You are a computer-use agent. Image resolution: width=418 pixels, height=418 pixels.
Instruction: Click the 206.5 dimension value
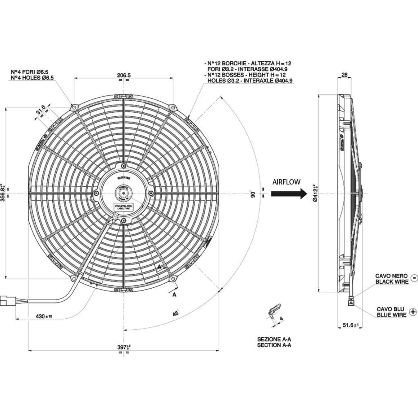(x=124, y=75)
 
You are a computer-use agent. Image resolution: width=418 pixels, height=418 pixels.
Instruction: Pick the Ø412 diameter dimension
(x=315, y=193)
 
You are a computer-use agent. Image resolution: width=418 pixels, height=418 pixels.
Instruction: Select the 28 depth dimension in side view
(x=344, y=75)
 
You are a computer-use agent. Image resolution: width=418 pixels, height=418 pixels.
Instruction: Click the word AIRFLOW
(x=286, y=182)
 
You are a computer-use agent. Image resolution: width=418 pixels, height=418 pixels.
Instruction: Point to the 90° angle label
(x=253, y=194)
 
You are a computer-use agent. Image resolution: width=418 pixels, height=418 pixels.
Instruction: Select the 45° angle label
(x=176, y=313)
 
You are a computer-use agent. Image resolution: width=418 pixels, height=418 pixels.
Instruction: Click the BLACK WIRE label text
(x=392, y=281)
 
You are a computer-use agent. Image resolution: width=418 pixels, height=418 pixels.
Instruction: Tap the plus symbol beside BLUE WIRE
(x=413, y=312)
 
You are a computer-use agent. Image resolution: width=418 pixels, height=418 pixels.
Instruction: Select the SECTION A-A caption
(x=274, y=345)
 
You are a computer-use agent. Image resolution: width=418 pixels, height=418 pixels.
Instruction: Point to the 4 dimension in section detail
(x=281, y=318)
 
